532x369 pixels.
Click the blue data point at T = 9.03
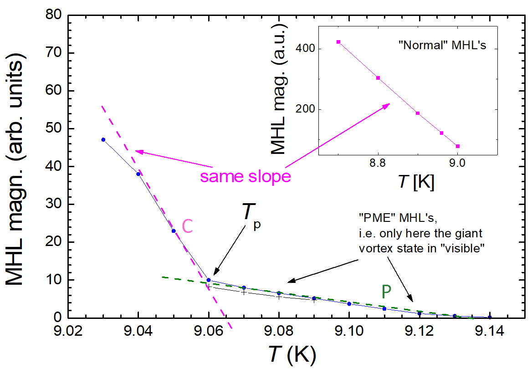coord(103,139)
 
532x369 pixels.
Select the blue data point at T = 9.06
coord(209,280)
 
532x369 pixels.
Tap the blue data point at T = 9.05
coord(174,231)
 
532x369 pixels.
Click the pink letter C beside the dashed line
coord(188,227)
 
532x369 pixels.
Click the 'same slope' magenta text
coord(246,176)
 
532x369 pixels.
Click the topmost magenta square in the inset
coord(338,42)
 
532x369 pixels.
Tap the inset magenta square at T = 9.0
coord(457,146)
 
